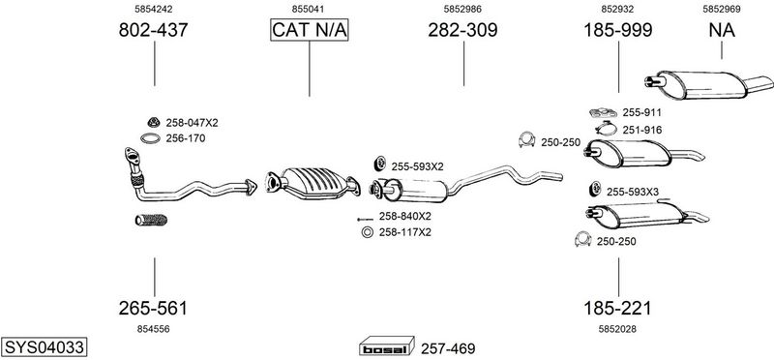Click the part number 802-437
(153, 30)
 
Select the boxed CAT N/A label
(309, 30)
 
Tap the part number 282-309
(462, 30)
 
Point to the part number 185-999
(618, 30)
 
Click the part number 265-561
(153, 308)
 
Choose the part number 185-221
(617, 308)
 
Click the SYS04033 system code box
(44, 347)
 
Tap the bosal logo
(386, 346)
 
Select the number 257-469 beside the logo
(448, 349)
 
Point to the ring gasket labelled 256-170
(150, 138)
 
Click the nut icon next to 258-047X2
(154, 122)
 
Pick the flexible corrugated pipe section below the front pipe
(151, 220)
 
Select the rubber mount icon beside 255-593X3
(595, 188)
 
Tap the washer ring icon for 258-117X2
(367, 232)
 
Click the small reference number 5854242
(153, 9)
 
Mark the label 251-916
(641, 130)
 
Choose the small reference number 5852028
(617, 329)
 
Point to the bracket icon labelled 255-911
(603, 112)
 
